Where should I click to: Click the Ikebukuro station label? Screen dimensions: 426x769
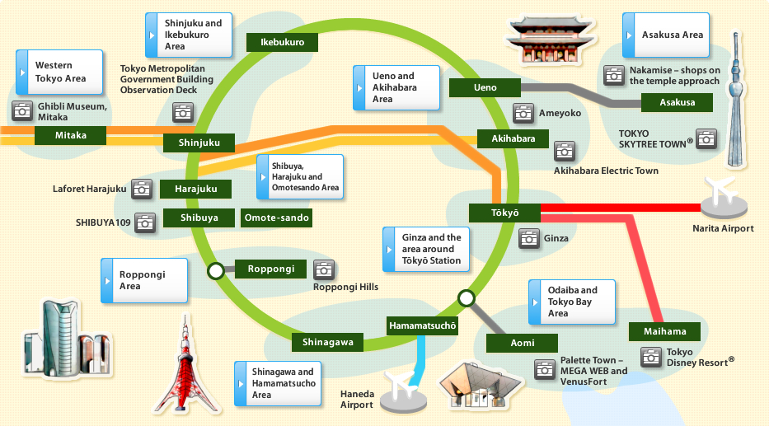[283, 42]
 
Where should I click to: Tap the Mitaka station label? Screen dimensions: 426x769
[71, 135]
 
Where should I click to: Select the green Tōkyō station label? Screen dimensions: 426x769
[505, 213]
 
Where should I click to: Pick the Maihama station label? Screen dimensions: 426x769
[663, 331]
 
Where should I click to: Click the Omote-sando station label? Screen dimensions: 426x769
[277, 218]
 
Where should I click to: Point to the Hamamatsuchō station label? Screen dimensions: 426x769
[422, 325]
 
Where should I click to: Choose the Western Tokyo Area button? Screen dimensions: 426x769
[60, 72]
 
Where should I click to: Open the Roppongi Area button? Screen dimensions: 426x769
[143, 280]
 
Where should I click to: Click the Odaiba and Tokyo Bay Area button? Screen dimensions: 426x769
[570, 302]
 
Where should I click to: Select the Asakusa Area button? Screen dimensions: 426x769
[666, 35]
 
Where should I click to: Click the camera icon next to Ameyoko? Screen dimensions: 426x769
[523, 113]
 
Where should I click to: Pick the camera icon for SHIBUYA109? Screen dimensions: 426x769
[145, 222]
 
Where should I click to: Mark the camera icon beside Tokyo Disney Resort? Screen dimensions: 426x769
[652, 357]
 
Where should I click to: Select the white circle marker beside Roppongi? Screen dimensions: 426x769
[216, 269]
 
